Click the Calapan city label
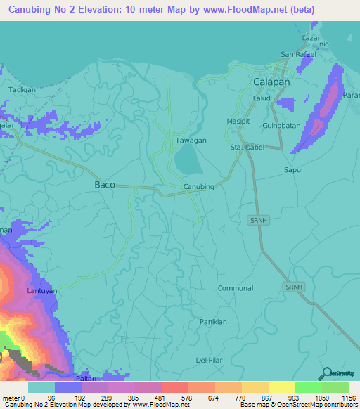tap(271, 82)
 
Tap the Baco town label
tap(104, 185)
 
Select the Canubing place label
tap(198, 186)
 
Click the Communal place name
tap(235, 288)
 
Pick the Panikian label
tap(213, 321)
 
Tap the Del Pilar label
tap(210, 361)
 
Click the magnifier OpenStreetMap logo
tap(326, 373)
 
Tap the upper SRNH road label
tap(259, 221)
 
